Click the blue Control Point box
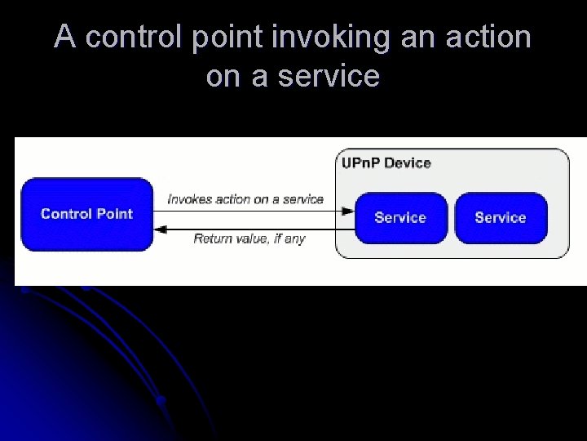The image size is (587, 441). point(86,214)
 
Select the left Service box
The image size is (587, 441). point(400,217)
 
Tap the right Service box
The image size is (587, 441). point(501,217)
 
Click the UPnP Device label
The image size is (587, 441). point(386,163)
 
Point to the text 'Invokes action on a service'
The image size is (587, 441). point(245,199)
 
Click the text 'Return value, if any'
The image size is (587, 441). point(249,238)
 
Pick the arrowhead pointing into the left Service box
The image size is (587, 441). point(348,211)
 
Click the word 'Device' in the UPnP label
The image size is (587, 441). point(407,163)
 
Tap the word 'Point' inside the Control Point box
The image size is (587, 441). point(114,214)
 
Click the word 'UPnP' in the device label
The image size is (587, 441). point(360,163)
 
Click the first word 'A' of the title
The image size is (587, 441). point(64,38)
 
